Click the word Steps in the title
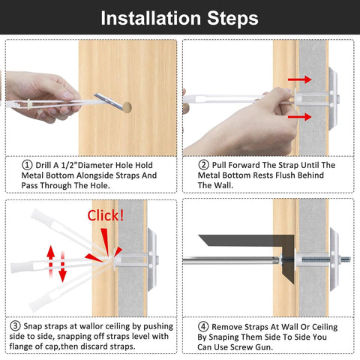[232, 17]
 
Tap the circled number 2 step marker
[203, 164]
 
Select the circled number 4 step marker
[203, 326]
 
